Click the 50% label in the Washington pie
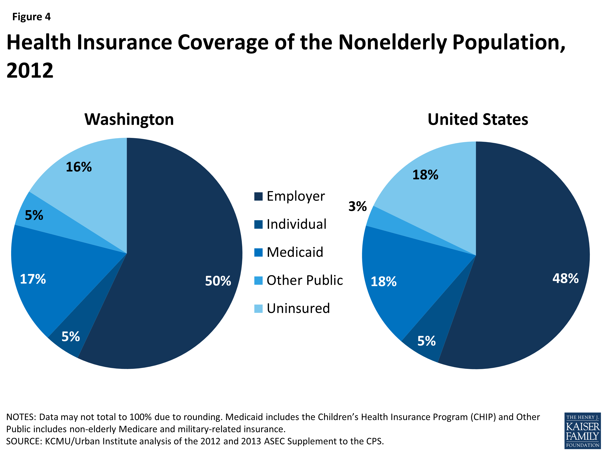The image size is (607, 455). click(218, 281)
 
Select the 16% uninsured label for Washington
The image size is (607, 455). click(79, 167)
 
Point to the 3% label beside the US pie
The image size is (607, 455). click(357, 206)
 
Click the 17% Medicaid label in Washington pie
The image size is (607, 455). click(33, 279)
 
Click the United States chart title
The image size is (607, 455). click(478, 119)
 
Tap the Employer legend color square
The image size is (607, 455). click(258, 196)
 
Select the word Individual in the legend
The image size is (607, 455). click(296, 224)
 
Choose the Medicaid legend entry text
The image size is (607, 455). click(295, 252)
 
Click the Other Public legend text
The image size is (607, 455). click(305, 280)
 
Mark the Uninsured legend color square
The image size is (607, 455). click(258, 308)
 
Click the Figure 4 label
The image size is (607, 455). click(31, 17)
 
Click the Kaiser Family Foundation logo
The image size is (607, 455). click(582, 431)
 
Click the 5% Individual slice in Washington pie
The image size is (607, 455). click(71, 336)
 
